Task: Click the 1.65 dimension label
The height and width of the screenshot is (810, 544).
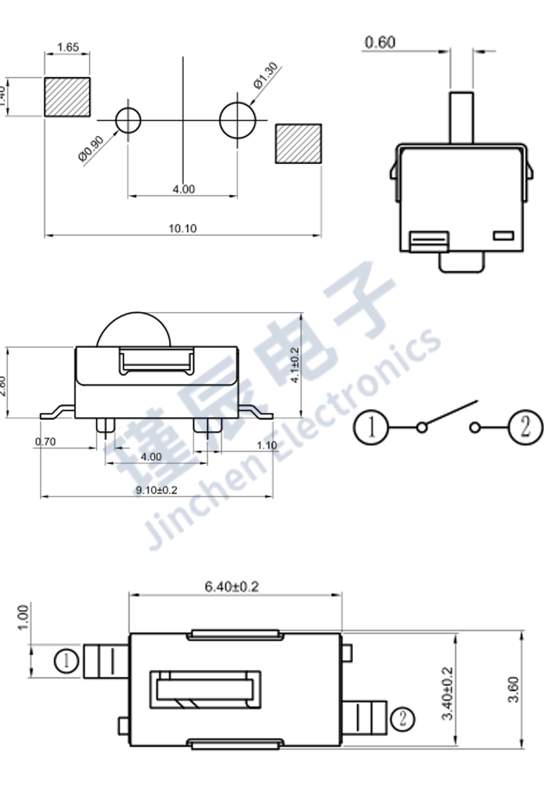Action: [x=68, y=47]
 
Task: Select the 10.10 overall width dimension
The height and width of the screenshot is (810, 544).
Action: [x=183, y=228]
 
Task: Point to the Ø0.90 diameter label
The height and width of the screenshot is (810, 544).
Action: [x=92, y=149]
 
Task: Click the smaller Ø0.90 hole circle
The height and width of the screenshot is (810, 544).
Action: [x=128, y=120]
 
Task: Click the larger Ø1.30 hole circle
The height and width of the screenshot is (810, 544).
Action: [x=236, y=120]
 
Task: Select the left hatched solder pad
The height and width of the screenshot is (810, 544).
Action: [x=68, y=97]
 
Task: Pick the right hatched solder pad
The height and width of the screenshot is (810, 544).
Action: [x=298, y=144]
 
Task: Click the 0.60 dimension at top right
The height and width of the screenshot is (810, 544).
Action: [x=380, y=43]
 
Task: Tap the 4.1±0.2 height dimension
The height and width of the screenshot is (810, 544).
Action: [x=295, y=365]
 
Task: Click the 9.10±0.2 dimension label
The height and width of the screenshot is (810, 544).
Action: [x=156, y=490]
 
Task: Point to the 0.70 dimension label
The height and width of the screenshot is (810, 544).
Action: [x=44, y=442]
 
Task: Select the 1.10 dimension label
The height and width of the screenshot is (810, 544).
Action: [x=267, y=445]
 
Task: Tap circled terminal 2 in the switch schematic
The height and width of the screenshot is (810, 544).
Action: [x=525, y=427]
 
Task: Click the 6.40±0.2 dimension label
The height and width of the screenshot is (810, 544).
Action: [x=232, y=586]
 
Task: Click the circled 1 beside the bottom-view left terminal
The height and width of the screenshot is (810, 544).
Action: [x=66, y=661]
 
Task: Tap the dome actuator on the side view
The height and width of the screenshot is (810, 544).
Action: [x=134, y=330]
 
